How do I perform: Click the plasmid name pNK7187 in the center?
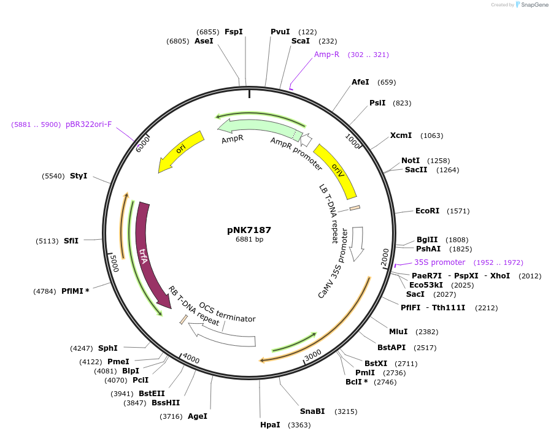pyautogui.click(x=249, y=230)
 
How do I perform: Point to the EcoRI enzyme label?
pyautogui.click(x=427, y=211)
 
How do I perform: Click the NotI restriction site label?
pyautogui.click(x=410, y=161)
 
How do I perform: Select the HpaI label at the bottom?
pyautogui.click(x=270, y=424)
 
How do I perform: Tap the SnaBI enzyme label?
pyautogui.click(x=312, y=411)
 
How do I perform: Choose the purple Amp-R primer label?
pyautogui.click(x=326, y=55)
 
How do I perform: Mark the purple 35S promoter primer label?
pyautogui.click(x=439, y=262)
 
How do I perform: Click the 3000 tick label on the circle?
pyautogui.click(x=313, y=355)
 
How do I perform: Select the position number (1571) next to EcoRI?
pyautogui.click(x=458, y=211)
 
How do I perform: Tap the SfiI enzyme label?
pyautogui.click(x=71, y=240)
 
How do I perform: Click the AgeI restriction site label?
pyautogui.click(x=198, y=416)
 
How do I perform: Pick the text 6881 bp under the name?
pyautogui.click(x=249, y=240)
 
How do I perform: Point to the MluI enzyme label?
pyautogui.click(x=398, y=332)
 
